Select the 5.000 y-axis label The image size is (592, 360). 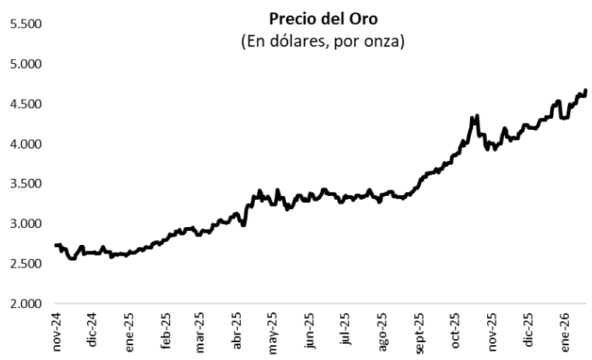click(24, 64)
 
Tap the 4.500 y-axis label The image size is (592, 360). click(24, 104)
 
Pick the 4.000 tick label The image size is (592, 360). click(24, 144)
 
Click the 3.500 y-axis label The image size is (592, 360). click(24, 184)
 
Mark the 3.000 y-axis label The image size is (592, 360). click(24, 224)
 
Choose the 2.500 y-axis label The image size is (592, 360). click(24, 264)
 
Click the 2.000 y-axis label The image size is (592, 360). click(24, 304)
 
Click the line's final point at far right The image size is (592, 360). click(586, 91)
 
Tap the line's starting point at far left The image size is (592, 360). click(55, 245)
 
